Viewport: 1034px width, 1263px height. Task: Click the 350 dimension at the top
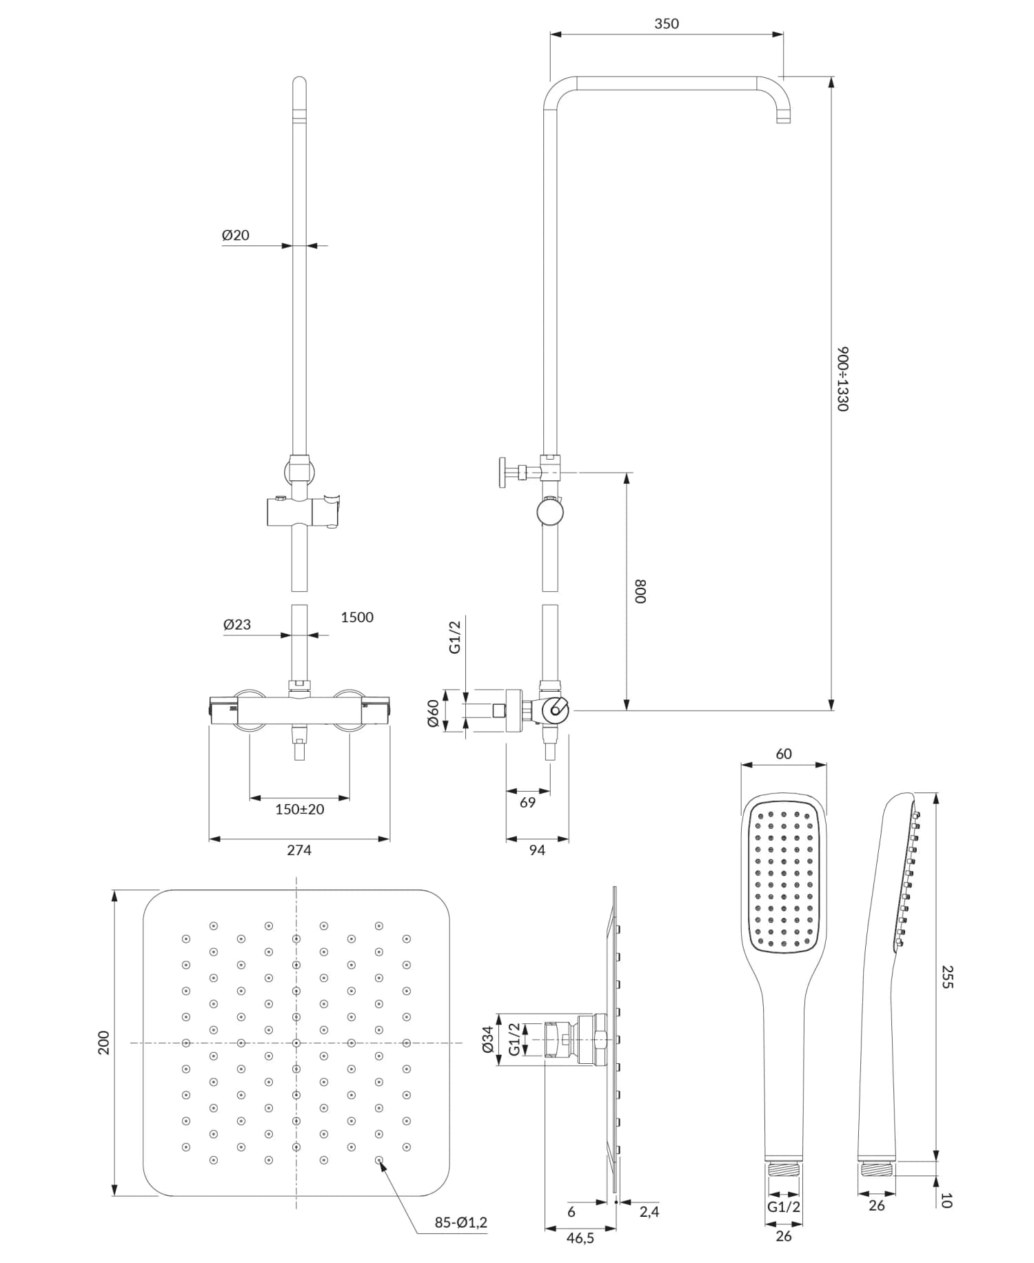click(666, 24)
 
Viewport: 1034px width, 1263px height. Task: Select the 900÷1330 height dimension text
click(842, 379)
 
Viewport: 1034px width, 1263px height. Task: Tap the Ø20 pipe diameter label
click(236, 236)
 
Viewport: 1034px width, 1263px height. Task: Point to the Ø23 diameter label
click(237, 625)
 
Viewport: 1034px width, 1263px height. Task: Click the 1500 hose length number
click(357, 617)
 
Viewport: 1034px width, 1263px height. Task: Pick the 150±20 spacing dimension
click(299, 809)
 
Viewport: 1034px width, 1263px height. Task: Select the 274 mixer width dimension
click(299, 850)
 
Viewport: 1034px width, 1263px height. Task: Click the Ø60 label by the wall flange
click(433, 712)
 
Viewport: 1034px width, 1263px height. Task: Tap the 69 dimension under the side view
click(527, 803)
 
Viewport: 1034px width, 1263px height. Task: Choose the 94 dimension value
click(537, 850)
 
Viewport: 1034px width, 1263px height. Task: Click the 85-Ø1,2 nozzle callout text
click(460, 1222)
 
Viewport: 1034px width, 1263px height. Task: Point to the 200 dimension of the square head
click(103, 1043)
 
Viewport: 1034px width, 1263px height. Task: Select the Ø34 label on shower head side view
click(487, 1039)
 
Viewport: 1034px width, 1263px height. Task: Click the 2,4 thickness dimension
click(649, 1211)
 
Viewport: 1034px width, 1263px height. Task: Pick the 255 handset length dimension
click(947, 977)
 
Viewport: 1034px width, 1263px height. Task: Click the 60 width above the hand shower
click(784, 754)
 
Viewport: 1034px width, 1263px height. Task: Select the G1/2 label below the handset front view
click(784, 1206)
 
